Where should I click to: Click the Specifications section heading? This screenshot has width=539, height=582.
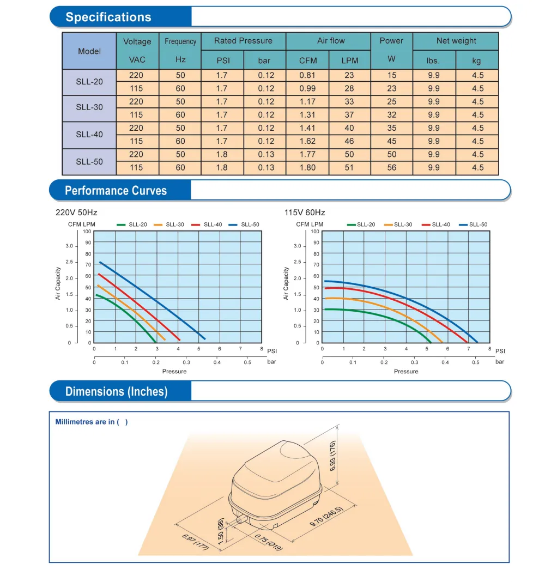tap(108, 17)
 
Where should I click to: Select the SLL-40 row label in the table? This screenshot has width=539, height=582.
tap(89, 135)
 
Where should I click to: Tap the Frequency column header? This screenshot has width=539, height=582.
tap(180, 41)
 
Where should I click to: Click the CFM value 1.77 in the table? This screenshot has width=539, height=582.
tap(308, 154)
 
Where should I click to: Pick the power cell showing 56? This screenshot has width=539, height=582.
tap(392, 167)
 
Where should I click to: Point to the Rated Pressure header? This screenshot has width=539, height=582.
tap(243, 41)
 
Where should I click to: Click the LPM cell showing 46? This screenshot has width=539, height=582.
tap(349, 141)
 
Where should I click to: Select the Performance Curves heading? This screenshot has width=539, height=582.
tap(116, 190)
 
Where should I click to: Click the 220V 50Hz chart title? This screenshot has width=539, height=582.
tap(76, 213)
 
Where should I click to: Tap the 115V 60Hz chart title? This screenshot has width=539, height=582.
tap(305, 213)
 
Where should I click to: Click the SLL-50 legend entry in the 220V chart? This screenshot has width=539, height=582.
tap(244, 225)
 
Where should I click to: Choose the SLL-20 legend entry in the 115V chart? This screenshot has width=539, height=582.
tap(361, 225)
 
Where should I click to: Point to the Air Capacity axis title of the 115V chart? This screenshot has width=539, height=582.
tap(286, 283)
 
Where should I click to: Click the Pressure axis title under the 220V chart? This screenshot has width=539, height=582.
tap(174, 371)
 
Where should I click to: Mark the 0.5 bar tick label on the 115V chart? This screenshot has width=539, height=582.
tap(476, 362)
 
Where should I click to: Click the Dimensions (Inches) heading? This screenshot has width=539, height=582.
tap(117, 392)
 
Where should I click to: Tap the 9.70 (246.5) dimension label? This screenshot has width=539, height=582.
tap(326, 516)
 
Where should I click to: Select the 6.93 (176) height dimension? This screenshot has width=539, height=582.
tap(332, 456)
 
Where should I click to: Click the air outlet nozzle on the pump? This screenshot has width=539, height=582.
tap(241, 518)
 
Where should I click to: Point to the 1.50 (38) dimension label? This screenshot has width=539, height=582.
tap(221, 531)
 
